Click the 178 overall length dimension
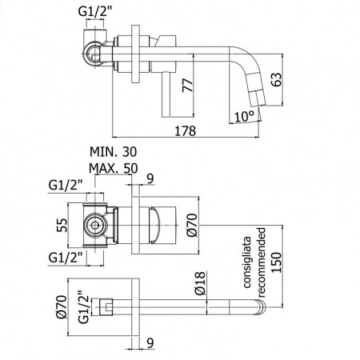pyautogui.click(x=186, y=130)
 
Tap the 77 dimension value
pyautogui.click(x=187, y=86)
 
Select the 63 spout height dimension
pyautogui.click(x=276, y=79)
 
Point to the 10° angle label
pyautogui.click(x=244, y=116)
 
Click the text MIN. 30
pyautogui.click(x=113, y=152)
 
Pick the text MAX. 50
pyautogui.click(x=114, y=168)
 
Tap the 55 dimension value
pyautogui.click(x=62, y=226)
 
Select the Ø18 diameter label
pyautogui.click(x=200, y=283)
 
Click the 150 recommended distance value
pyautogui.click(x=276, y=262)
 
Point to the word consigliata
pyautogui.click(x=247, y=262)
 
